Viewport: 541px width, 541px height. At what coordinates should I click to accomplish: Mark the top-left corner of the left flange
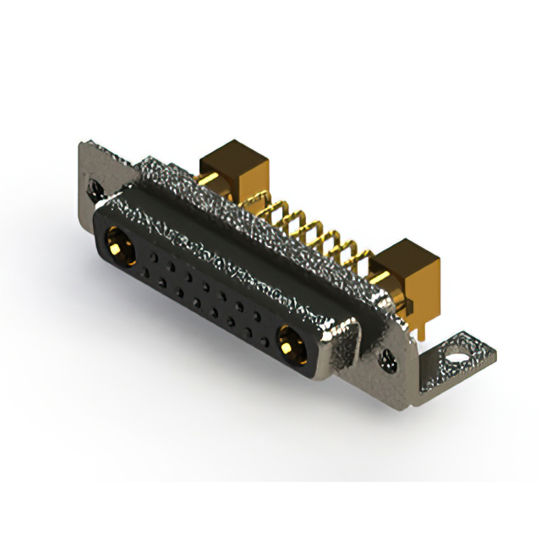81,144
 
